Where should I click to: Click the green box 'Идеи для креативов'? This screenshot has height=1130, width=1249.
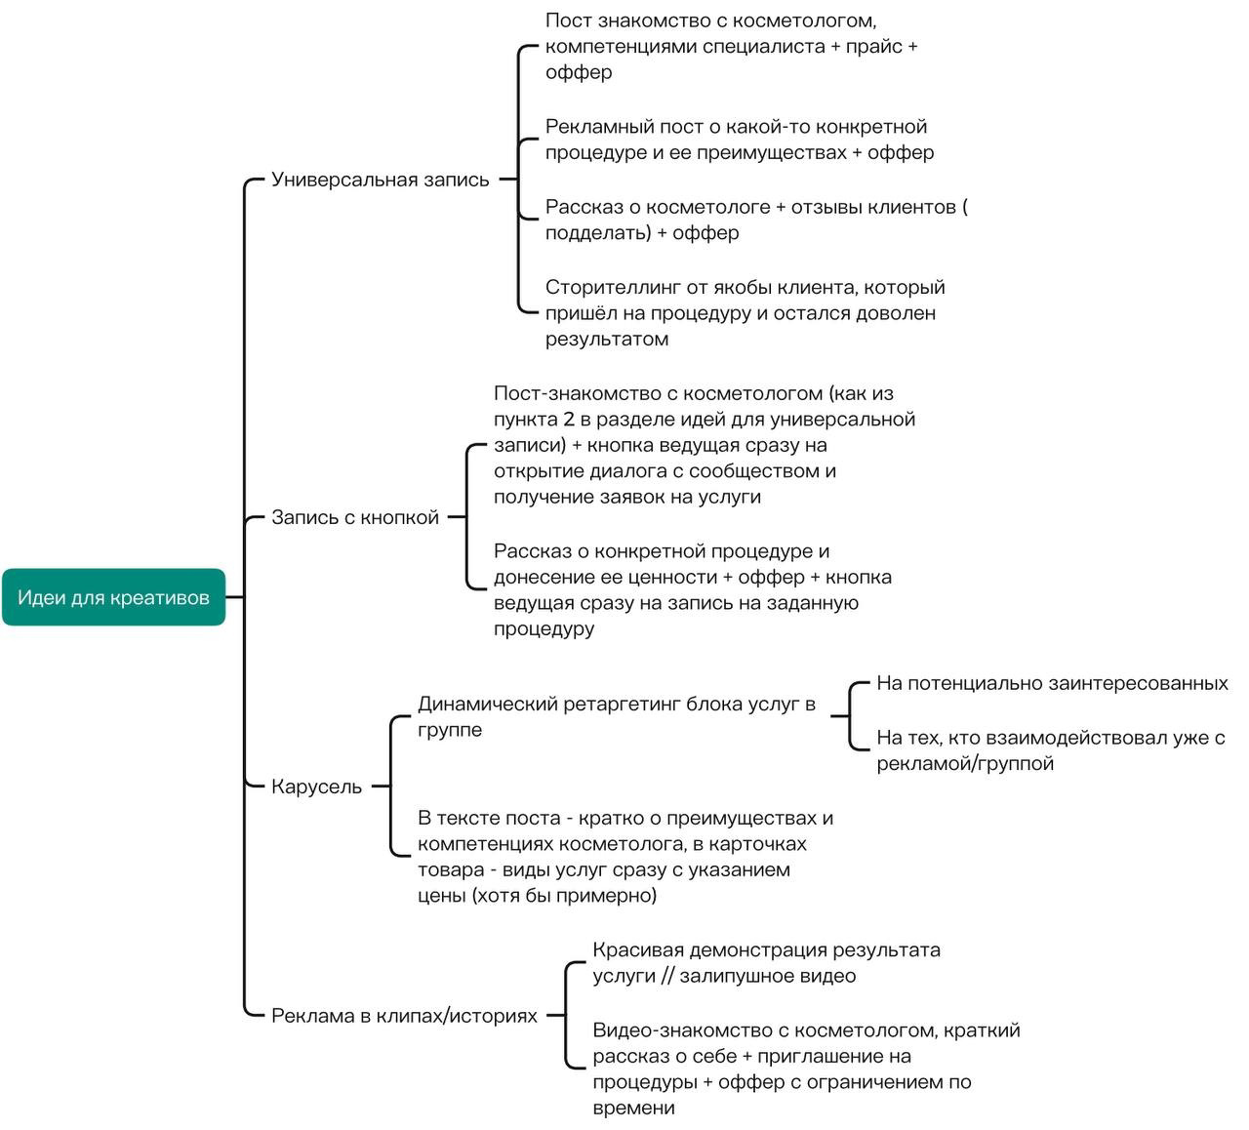113,597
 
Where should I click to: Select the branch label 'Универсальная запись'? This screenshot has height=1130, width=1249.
381,180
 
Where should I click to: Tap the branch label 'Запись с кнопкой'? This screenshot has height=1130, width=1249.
355,517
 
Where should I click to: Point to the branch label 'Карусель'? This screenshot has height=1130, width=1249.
316,787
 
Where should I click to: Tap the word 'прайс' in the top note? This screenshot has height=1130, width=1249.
873,47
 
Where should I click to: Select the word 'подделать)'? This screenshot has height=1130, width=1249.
598,233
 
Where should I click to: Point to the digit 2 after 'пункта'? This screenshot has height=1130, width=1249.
569,420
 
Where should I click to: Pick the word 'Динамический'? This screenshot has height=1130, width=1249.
487,704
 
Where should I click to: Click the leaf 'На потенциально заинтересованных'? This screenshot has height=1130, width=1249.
1052,683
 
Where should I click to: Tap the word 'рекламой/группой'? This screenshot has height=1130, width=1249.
965,763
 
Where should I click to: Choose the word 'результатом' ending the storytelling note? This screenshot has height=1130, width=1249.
607,340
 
